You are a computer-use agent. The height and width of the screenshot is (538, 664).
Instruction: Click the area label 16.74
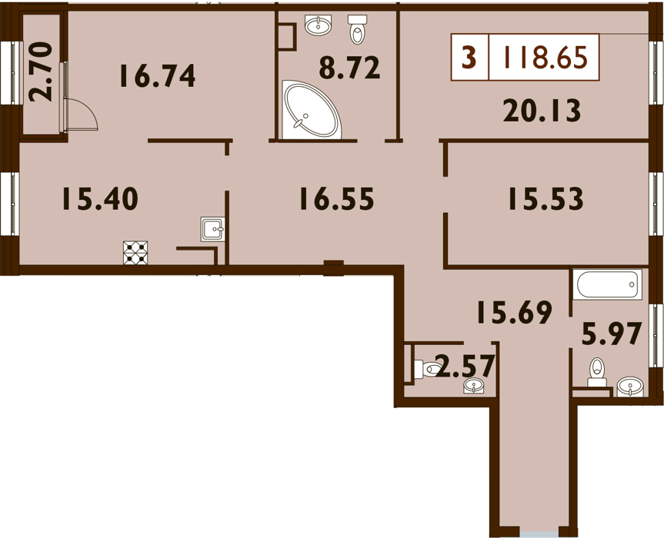pyautogui.click(x=158, y=76)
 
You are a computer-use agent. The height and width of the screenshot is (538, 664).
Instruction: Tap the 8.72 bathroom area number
pyautogui.click(x=350, y=68)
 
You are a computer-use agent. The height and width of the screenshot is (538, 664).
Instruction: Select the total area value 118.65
pyautogui.click(x=545, y=57)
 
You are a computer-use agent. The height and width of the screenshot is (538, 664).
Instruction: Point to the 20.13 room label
pyautogui.click(x=542, y=111)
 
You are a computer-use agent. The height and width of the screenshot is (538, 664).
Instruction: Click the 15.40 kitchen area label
pyautogui.click(x=100, y=199)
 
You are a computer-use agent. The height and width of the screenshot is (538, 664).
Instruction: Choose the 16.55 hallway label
pyautogui.click(x=337, y=199)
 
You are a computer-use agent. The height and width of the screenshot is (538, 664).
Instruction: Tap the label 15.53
pyautogui.click(x=546, y=199)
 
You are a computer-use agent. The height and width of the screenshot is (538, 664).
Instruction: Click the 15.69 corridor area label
pyautogui.click(x=515, y=312)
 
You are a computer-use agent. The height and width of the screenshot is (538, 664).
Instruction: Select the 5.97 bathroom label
pyautogui.click(x=612, y=334)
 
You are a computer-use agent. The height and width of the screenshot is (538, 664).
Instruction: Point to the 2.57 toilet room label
pyautogui.click(x=465, y=367)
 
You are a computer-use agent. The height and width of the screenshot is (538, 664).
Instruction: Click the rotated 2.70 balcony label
pyautogui.click(x=41, y=71)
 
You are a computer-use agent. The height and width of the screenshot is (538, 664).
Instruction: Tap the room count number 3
pyautogui.click(x=469, y=57)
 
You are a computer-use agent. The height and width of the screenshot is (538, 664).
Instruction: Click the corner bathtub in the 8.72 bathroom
pyautogui.click(x=312, y=111)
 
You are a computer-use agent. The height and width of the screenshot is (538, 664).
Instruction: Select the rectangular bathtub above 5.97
pyautogui.click(x=607, y=284)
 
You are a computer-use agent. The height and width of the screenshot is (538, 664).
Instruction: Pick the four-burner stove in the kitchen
pyautogui.click(x=135, y=253)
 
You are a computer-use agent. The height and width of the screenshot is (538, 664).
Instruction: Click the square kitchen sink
pyautogui.click(x=212, y=229)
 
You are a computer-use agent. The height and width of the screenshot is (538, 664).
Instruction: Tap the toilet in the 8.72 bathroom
pyautogui.click(x=358, y=29)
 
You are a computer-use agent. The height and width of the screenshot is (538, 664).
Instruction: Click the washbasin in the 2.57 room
pyautogui.click(x=474, y=386)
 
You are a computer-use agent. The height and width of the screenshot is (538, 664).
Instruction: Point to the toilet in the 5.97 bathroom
pyautogui.click(x=597, y=372)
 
